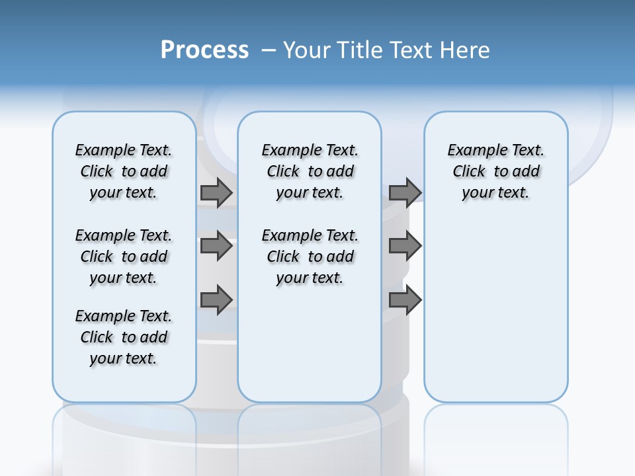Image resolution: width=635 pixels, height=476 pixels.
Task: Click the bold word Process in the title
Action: point(204,50)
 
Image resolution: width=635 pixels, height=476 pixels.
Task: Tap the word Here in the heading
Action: point(466,50)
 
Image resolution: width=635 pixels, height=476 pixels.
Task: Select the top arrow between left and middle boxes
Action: point(216,192)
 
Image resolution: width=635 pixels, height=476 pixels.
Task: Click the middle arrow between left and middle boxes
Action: point(216,246)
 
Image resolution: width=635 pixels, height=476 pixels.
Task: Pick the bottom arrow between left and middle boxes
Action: point(216,300)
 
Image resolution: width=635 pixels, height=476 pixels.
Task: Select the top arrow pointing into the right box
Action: point(405,192)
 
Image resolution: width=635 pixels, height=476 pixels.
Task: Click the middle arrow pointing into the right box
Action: point(405,246)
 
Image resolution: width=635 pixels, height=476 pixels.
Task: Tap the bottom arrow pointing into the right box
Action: point(405,300)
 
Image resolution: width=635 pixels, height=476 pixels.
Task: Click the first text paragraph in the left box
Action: point(124,171)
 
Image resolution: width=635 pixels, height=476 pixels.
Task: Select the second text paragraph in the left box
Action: point(124,257)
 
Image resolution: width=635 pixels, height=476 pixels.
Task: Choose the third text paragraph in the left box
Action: point(124,337)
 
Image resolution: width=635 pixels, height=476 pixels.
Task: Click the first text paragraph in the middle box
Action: point(310,171)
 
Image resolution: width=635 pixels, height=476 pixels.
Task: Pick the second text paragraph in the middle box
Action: point(310,257)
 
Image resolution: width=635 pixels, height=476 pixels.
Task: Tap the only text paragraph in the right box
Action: point(495,171)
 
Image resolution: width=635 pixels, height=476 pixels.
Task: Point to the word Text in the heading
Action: point(413,50)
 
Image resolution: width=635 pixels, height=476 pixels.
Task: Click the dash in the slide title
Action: point(269,50)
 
